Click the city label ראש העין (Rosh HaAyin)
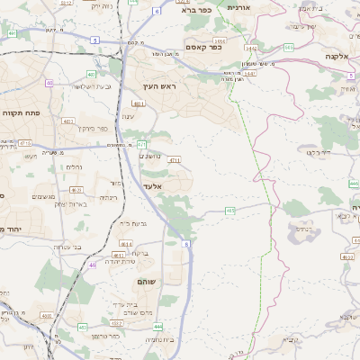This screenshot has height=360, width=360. tap(162, 86)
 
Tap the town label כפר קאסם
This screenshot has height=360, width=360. tap(204, 47)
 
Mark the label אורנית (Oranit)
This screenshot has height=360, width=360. tap(238, 7)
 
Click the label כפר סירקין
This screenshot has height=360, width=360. tap(92, 129)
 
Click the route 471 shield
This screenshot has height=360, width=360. tap(141, 143)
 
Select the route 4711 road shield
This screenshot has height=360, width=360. tap(174, 160)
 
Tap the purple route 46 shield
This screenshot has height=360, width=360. tap(94, 265)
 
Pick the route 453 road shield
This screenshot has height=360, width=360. tap(230, 211)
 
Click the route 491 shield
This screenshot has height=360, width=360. tap(12, 33)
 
